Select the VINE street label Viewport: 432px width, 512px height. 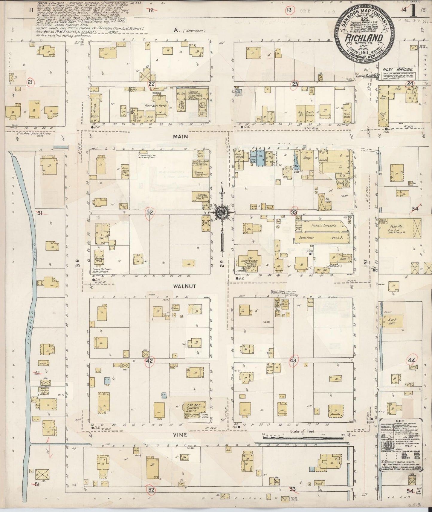point(180,435)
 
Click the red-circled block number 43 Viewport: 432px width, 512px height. point(293,361)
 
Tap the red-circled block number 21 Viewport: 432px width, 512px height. point(30,83)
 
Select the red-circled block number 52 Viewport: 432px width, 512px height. point(151,490)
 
